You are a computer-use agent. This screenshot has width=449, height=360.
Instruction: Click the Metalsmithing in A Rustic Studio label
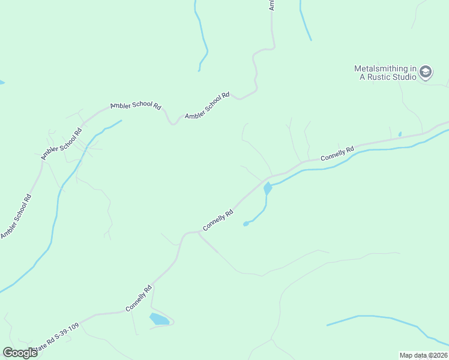click(385, 73)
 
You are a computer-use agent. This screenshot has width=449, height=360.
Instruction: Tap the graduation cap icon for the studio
click(426, 72)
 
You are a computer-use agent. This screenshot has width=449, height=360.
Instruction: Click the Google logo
click(20, 353)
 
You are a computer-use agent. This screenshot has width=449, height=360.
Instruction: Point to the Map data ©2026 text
click(423, 355)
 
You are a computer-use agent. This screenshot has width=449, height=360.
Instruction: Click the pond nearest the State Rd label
click(159, 319)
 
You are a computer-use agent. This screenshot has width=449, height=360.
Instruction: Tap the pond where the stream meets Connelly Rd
click(268, 188)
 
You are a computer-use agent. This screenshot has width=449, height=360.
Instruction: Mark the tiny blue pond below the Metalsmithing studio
click(400, 134)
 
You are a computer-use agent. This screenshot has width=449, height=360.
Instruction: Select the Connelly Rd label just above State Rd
click(139, 298)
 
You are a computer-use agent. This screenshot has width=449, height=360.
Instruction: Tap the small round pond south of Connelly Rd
click(246, 224)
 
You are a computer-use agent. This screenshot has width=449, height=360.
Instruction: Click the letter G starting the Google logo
click(8, 353)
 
